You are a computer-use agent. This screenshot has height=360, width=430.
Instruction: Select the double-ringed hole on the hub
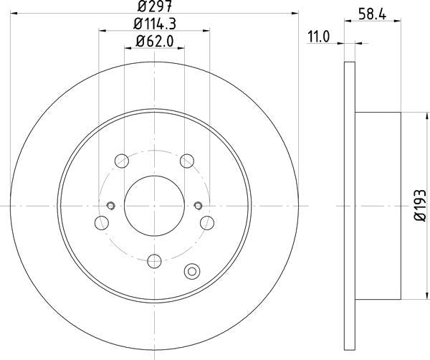(191, 271)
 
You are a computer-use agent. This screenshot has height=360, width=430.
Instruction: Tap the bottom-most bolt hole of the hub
(154, 260)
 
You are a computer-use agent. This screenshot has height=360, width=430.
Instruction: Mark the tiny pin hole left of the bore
(110, 207)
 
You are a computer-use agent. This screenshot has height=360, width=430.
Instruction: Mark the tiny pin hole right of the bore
(199, 207)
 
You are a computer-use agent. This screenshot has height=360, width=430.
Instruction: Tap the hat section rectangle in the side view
(378, 206)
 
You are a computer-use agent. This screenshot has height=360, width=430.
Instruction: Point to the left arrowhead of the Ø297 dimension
(14, 13)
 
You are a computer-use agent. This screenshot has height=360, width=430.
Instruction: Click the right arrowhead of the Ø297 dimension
(293, 13)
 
